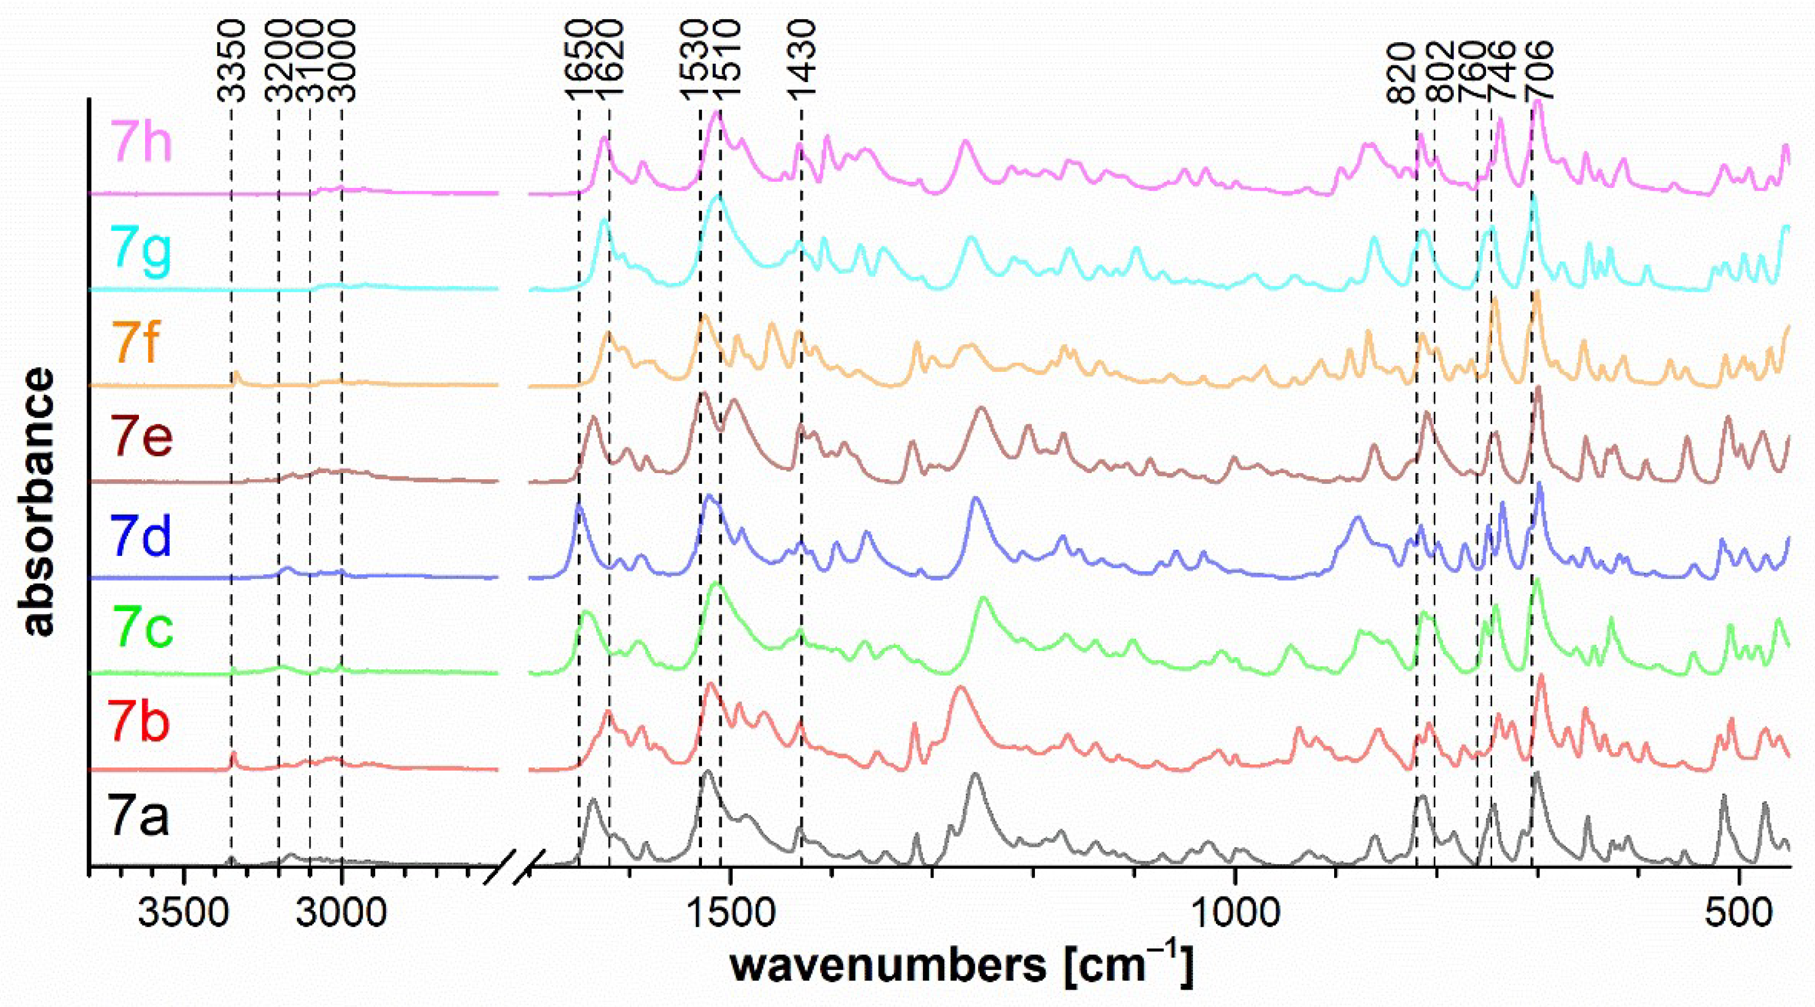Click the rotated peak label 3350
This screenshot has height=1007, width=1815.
231,61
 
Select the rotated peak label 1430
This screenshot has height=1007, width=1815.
801,61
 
